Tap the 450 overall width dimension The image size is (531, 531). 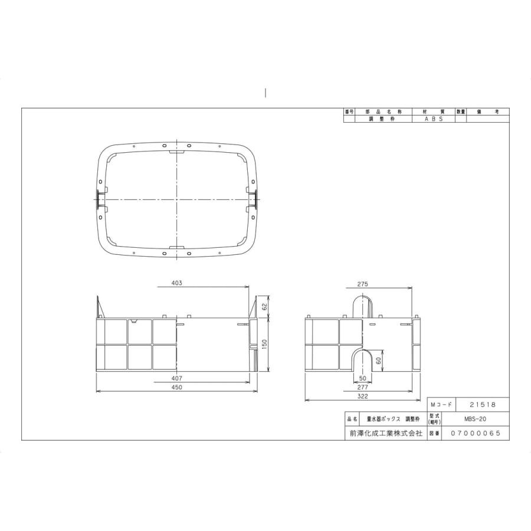pyautogui.click(x=177, y=387)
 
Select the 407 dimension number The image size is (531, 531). pyautogui.click(x=177, y=378)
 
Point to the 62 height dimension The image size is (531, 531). pyautogui.click(x=265, y=307)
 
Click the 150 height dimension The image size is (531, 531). pyautogui.click(x=265, y=344)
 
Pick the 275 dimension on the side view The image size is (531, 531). pyautogui.click(x=363, y=284)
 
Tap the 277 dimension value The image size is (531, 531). pyautogui.click(x=364, y=387)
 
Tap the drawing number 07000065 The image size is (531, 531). pyautogui.click(x=475, y=433)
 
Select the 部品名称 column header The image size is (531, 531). pyautogui.click(x=383, y=112)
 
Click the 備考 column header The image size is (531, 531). pyautogui.click(x=487, y=112)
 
